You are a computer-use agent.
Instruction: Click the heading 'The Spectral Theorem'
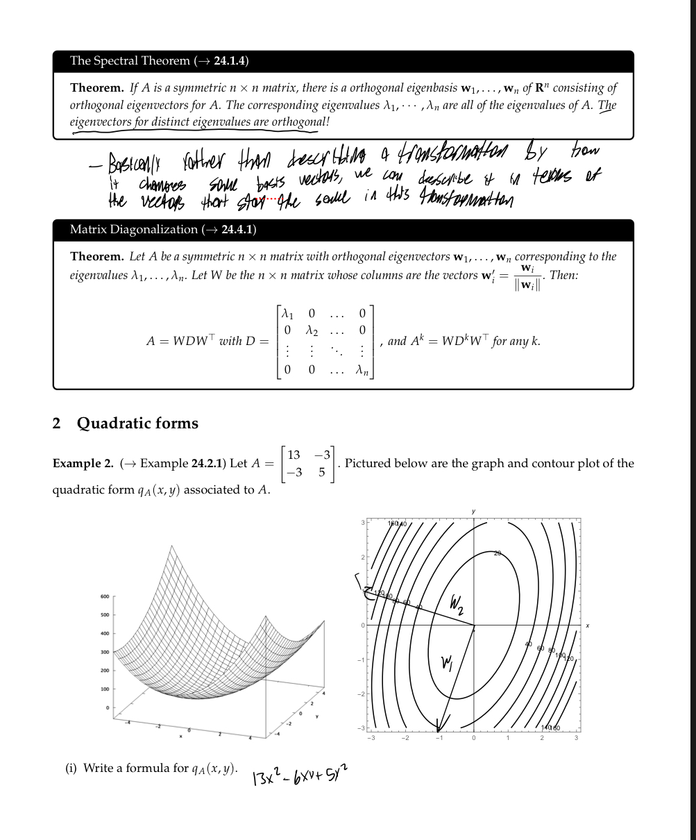[129, 60]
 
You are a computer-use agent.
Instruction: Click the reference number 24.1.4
[230, 60]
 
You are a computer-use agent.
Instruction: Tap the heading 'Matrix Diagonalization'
[133, 229]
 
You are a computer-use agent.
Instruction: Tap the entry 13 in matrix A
[294, 455]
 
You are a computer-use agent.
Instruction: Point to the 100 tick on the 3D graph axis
[105, 689]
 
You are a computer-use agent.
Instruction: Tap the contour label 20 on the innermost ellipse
[498, 553]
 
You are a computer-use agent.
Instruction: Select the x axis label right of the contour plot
[586, 625]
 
